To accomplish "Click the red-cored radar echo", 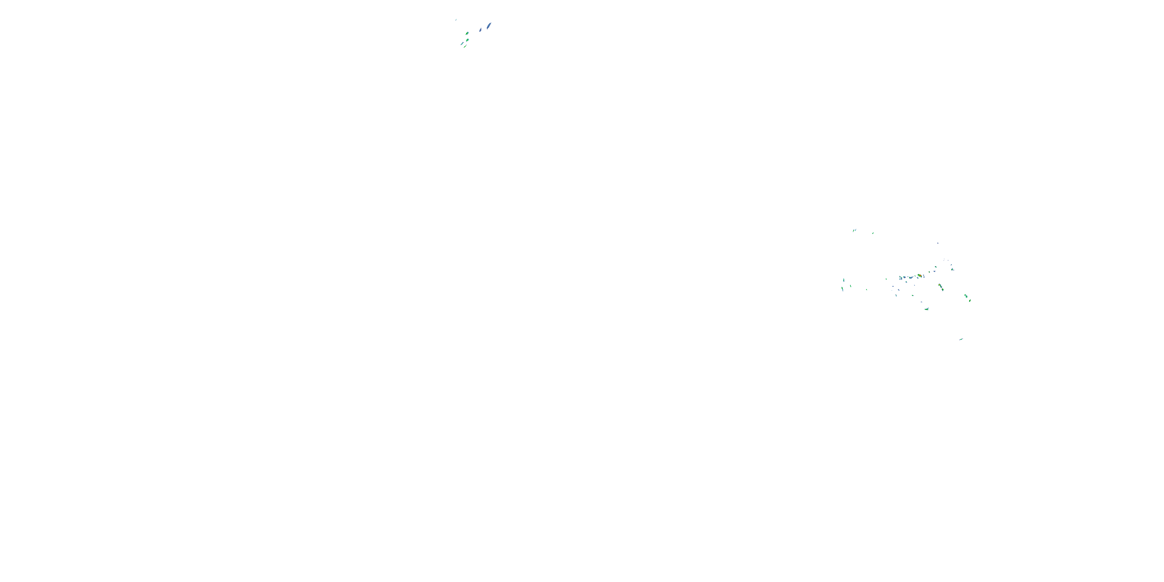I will coord(920,275).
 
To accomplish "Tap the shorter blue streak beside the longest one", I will coord(481,30).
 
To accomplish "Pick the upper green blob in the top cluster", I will coord(468,33).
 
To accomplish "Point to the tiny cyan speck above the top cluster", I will coord(456,20).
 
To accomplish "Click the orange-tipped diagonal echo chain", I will coord(941,288).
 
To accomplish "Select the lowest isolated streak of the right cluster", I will coord(961,339).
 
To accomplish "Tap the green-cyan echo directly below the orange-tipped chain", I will coord(927,309).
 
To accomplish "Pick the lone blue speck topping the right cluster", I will coord(938,243).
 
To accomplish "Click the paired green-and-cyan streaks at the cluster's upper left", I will coord(854,230).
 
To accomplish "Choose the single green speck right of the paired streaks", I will coord(873,234).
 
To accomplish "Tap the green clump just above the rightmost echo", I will coord(966,296).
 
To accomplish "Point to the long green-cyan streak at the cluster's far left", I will coord(843,289).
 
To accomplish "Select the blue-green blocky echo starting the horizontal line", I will coord(901,278).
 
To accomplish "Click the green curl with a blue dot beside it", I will coord(953,269).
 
